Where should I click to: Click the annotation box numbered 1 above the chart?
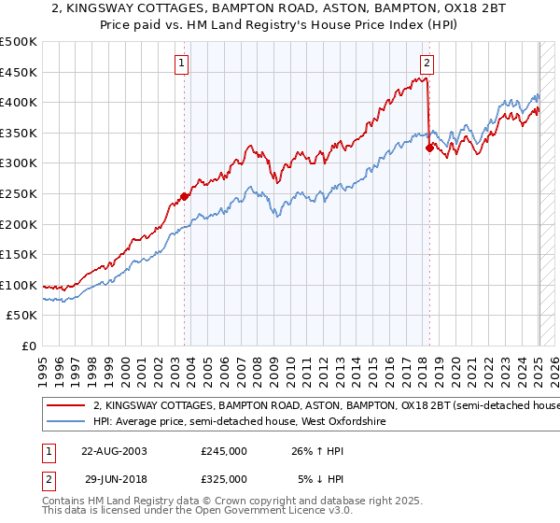pos(181,64)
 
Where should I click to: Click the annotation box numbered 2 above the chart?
pos(427,64)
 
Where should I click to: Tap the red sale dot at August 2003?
pos(185,196)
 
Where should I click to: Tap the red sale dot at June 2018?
pos(429,148)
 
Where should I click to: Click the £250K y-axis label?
pos(19,193)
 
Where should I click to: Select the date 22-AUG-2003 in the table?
pos(111,450)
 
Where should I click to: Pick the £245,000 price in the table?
pos(224,450)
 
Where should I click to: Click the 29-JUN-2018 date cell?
pos(111,478)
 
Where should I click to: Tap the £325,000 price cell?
pos(224,478)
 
